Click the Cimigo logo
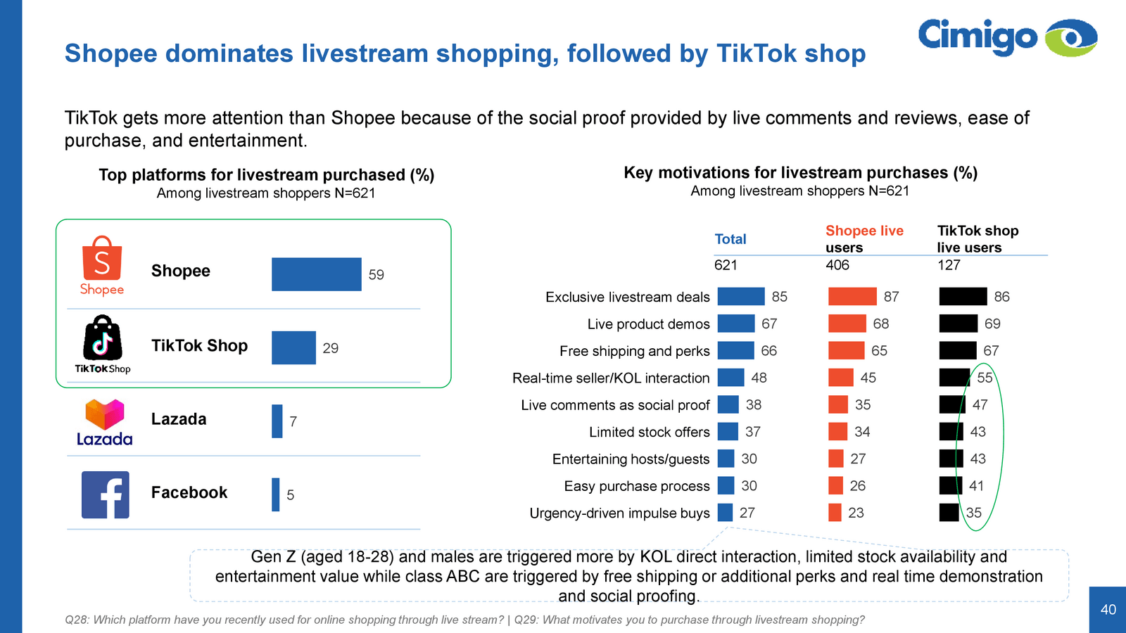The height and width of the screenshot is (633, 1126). (x=1007, y=37)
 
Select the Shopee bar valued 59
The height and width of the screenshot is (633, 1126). (x=316, y=274)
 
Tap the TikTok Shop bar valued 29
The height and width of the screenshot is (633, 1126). (x=293, y=347)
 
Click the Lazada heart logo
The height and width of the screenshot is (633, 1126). (x=104, y=414)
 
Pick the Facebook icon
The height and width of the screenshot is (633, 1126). (x=106, y=494)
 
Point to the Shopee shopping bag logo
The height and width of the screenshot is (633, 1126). (x=102, y=259)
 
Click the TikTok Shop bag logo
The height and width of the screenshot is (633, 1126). (x=103, y=338)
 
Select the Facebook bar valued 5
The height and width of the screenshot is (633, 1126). (x=276, y=494)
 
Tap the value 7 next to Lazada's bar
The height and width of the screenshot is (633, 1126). (x=293, y=421)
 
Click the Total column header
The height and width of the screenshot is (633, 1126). (x=730, y=239)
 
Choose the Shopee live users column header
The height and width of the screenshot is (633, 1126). (x=864, y=239)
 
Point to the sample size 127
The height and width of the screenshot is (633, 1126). (x=949, y=265)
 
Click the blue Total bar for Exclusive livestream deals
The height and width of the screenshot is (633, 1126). (x=741, y=297)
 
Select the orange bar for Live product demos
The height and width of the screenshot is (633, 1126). (x=847, y=324)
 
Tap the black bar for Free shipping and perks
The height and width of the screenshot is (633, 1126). (x=958, y=350)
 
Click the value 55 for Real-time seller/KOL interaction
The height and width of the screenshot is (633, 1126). (x=985, y=378)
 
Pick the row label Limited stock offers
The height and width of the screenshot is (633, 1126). (x=649, y=432)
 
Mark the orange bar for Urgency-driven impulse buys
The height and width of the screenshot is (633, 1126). (x=835, y=513)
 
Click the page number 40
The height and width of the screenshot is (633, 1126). (x=1108, y=610)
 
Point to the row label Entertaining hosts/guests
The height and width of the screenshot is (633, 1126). (x=631, y=459)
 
